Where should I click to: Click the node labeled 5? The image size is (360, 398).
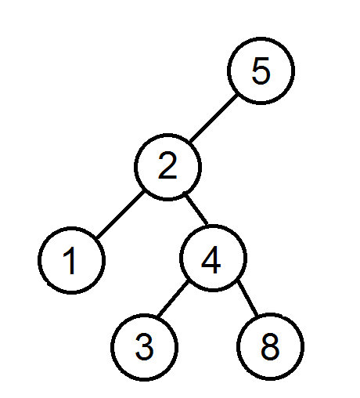point(261,71)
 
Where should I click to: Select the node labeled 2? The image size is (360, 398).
point(167,167)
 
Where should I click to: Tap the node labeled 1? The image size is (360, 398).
point(72,260)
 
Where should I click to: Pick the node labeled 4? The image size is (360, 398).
point(213,258)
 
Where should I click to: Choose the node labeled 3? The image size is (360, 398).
point(145,347)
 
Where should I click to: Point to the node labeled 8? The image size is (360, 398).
point(270,346)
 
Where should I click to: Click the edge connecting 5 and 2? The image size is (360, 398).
point(214,118)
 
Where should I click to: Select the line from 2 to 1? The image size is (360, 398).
point(120,214)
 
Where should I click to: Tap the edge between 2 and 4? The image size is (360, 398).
point(196,209)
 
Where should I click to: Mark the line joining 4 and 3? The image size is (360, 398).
point(173,299)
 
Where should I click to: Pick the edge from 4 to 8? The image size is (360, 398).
point(247,298)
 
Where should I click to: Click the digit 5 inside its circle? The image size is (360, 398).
point(261,71)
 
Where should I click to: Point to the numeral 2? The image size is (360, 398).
point(167,166)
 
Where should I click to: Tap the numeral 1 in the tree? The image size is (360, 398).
point(70,260)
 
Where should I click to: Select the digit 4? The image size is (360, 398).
point(211,259)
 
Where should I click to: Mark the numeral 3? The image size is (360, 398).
point(144,347)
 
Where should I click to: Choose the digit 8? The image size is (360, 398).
point(270,346)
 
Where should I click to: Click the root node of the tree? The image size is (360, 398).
point(261,71)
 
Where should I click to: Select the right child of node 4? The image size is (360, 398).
point(270,346)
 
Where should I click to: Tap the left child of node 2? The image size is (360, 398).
point(72,260)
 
